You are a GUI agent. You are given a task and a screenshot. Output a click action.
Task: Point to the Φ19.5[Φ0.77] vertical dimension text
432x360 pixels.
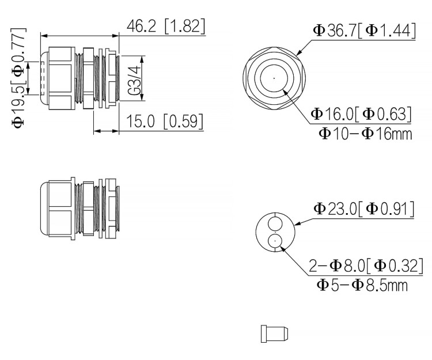coord(20,77)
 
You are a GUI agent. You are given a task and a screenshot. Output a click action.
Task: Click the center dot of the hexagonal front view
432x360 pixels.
coord(274,78)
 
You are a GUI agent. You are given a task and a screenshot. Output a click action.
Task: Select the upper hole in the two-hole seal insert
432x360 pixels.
coord(275,222)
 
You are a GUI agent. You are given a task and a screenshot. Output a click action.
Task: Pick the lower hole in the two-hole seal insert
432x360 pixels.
coord(275,241)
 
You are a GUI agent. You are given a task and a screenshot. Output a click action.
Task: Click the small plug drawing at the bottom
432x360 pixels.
coord(274,334)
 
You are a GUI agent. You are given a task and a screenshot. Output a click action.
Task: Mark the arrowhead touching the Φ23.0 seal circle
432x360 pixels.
coord(295,223)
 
